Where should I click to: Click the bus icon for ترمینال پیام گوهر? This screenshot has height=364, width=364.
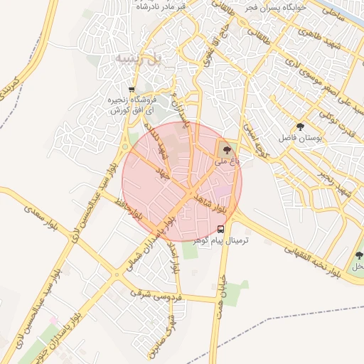220,229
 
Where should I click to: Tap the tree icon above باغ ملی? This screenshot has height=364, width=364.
226,149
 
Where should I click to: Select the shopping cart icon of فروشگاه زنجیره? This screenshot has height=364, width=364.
111,90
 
